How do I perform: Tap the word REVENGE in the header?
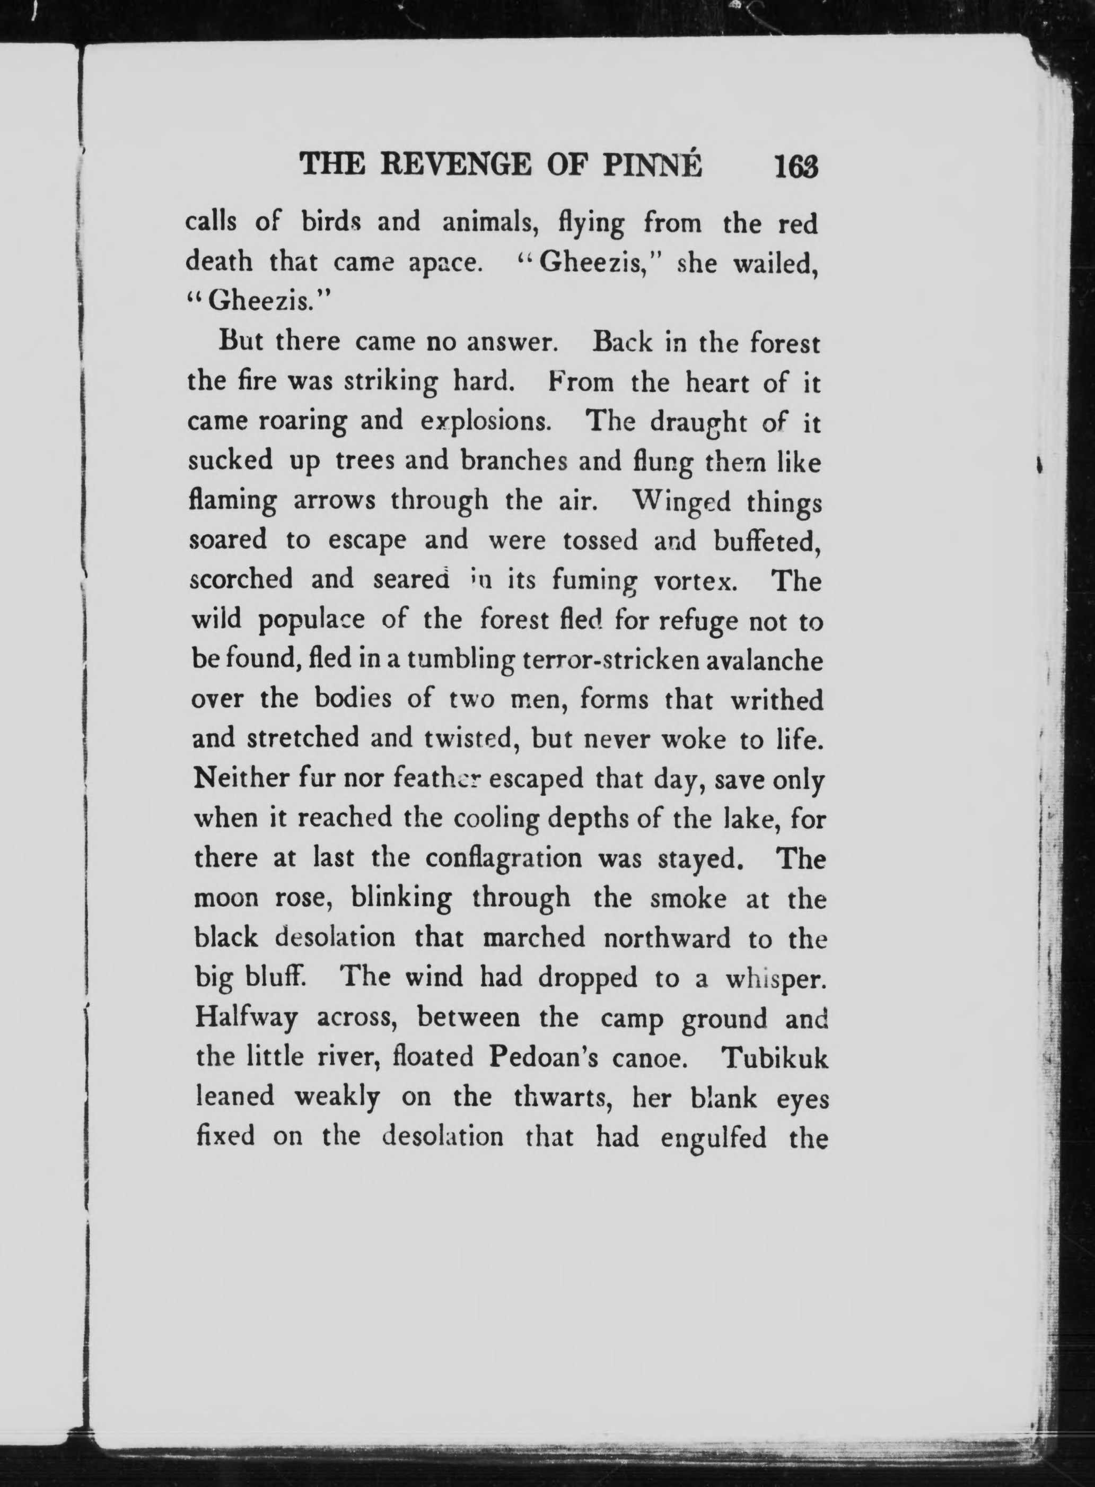tap(455, 164)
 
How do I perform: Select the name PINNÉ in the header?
tap(652, 164)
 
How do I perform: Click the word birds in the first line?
tap(329, 222)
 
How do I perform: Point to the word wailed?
tap(775, 264)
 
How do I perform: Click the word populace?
tap(311, 622)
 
